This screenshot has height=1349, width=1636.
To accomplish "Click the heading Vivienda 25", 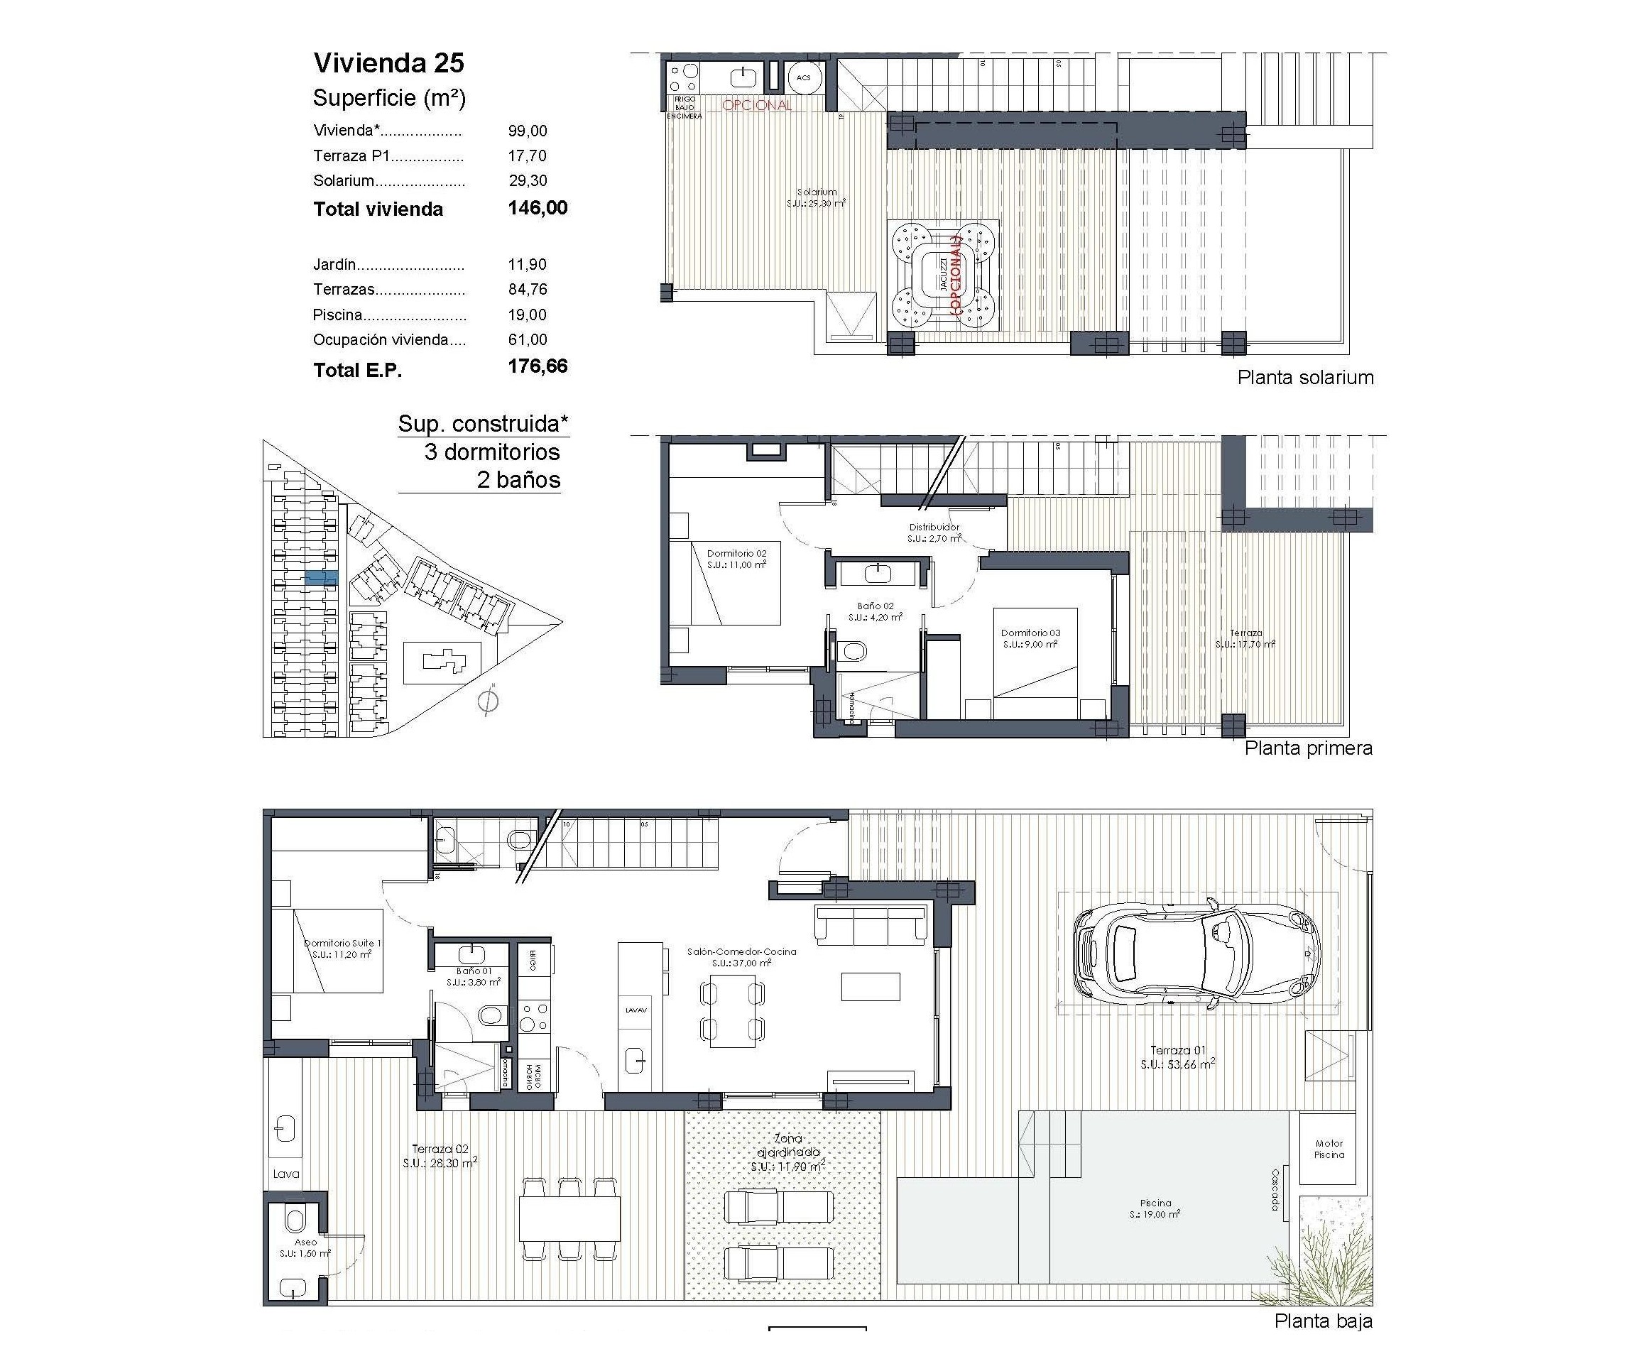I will [x=388, y=63].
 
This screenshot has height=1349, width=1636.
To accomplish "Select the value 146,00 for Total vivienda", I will [x=537, y=207].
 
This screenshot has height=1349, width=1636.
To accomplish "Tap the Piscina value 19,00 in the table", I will [x=527, y=315].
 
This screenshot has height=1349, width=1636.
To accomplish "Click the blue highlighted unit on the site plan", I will [x=321, y=577].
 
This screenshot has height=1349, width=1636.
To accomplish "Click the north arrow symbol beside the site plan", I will [x=487, y=700].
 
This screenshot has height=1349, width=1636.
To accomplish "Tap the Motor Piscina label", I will [x=1329, y=1149].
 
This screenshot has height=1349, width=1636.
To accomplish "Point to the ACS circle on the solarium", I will [x=804, y=77].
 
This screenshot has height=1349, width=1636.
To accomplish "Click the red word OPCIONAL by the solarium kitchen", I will [x=756, y=105].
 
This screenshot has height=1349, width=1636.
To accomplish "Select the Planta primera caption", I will [x=1308, y=748].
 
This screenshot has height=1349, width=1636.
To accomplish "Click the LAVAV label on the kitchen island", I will [x=636, y=1010].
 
